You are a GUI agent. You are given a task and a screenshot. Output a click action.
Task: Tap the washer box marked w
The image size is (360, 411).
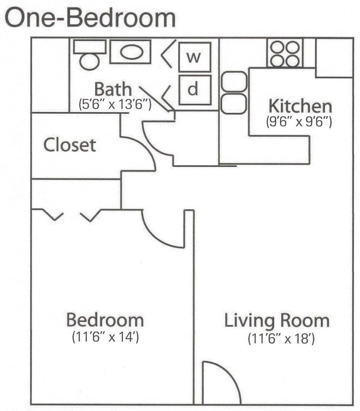[x=194, y=58]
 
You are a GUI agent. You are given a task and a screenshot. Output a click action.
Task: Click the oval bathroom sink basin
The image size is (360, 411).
[x=130, y=53]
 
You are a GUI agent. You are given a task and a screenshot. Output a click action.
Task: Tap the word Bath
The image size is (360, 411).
[x=113, y=89]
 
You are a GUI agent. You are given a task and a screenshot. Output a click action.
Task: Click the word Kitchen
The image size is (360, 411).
[x=300, y=105]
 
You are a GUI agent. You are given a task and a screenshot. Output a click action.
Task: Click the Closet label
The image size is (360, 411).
[x=70, y=145]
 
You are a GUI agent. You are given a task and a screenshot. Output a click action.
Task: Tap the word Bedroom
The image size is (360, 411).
[x=105, y=320]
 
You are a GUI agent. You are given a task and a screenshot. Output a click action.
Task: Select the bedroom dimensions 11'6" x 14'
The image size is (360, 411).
[x=105, y=337]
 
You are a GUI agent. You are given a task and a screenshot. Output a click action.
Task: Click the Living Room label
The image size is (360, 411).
[x=276, y=320]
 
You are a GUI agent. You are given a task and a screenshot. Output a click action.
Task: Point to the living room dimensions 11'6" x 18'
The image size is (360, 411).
[x=281, y=338]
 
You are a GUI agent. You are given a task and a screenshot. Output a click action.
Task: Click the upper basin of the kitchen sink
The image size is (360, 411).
[x=234, y=82]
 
